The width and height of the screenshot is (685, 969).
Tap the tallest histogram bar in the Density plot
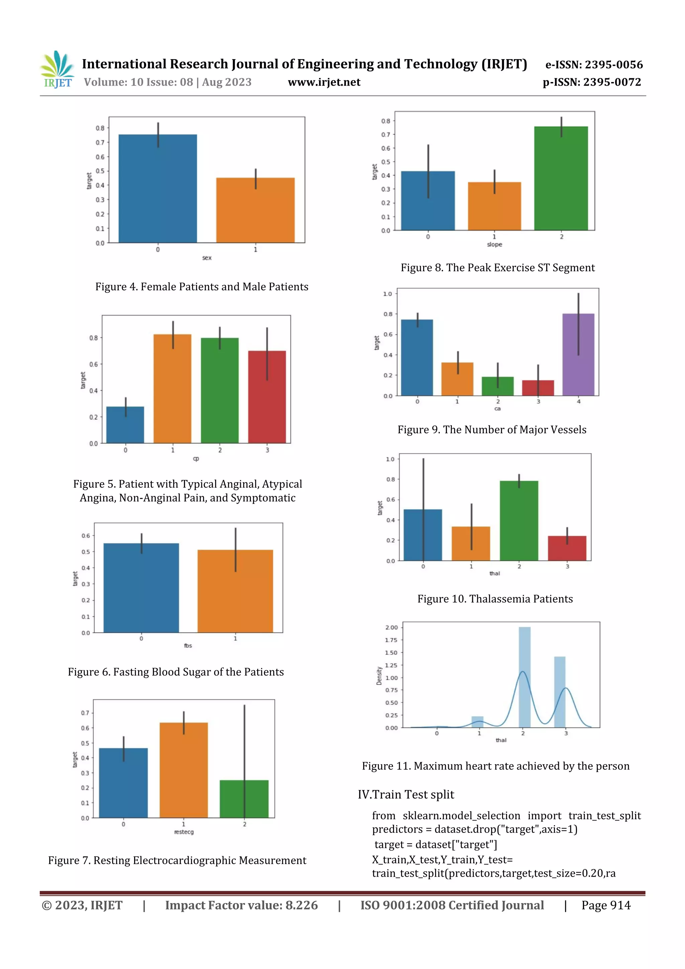pyautogui.click(x=524, y=677)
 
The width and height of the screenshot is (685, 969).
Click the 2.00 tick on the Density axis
pyautogui.click(x=391, y=627)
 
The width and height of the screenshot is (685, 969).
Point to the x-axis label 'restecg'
pyautogui.click(x=184, y=832)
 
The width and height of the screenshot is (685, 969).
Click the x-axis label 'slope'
pyautogui.click(x=494, y=245)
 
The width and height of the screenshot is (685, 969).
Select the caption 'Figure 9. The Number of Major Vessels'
pyautogui.click(x=492, y=429)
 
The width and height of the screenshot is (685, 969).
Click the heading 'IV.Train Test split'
pyautogui.click(x=406, y=794)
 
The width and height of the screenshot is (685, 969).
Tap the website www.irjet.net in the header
pyautogui.click(x=324, y=82)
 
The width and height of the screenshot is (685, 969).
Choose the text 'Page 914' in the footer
pyautogui.click(x=606, y=905)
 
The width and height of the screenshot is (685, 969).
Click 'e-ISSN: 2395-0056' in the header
pyautogui.click(x=594, y=65)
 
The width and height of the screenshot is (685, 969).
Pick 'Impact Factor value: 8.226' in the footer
pyautogui.click(x=241, y=905)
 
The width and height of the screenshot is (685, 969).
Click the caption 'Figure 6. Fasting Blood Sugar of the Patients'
pyautogui.click(x=176, y=672)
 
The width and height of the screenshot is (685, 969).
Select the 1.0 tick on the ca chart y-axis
pyautogui.click(x=387, y=294)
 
